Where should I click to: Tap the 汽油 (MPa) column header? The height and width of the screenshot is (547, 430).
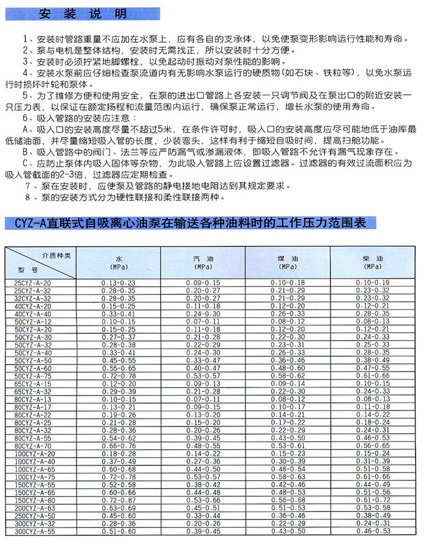pyautogui.click(x=204, y=263)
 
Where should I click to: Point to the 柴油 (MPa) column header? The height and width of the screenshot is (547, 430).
pyautogui.click(x=373, y=263)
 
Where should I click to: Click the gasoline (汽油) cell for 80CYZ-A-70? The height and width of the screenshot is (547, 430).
pyautogui.click(x=204, y=446)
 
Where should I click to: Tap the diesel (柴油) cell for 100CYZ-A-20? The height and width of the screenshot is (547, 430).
pyautogui.click(x=373, y=454)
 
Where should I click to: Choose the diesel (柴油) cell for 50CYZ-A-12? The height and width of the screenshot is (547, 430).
pyautogui.click(x=373, y=322)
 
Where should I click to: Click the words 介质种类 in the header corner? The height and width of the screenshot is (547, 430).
pyautogui.click(x=56, y=255)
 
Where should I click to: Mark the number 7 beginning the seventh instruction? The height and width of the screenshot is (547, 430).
pyautogui.click(x=28, y=187)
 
